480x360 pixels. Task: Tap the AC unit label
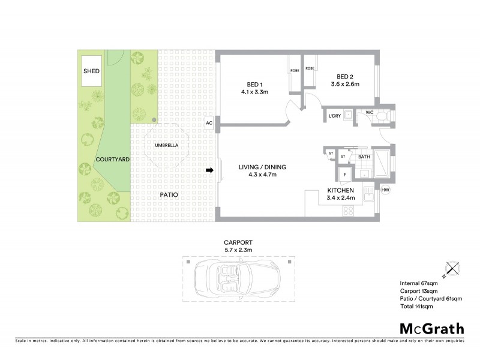click(209, 123)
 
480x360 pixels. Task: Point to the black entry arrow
click(209, 171)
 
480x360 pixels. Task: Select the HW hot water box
click(385, 190)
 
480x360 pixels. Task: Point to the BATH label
click(364, 157)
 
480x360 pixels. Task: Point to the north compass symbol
click(451, 269)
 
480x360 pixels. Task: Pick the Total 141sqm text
click(416, 307)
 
